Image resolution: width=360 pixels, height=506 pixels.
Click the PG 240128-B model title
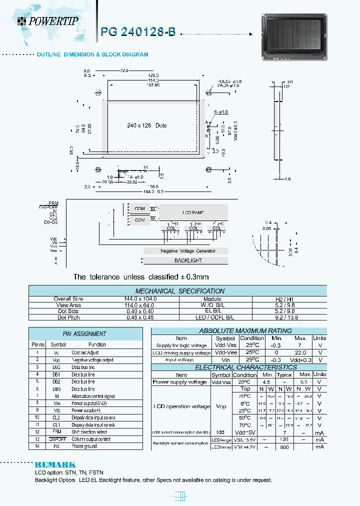[x=138, y=31]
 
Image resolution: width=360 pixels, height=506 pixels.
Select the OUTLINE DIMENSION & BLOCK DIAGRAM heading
[x=92, y=54]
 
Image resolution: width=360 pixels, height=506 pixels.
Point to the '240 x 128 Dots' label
[x=146, y=125]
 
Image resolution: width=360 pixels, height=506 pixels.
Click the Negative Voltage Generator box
[x=187, y=250]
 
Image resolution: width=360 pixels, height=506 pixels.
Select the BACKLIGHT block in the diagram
[x=188, y=260]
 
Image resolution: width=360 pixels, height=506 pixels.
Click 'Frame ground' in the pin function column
[x=84, y=446]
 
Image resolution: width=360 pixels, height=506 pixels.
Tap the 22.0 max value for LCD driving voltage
[x=300, y=352]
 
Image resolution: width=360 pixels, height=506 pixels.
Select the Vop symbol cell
[x=220, y=406]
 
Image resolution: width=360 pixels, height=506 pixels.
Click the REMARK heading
[x=55, y=464]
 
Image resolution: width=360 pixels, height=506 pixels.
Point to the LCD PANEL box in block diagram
[x=192, y=212]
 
